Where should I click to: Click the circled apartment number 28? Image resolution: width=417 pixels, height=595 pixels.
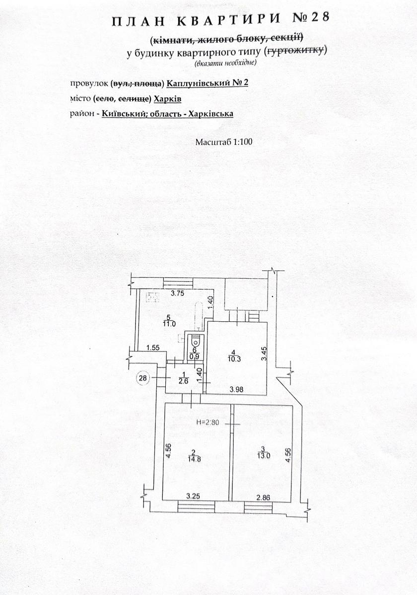(143, 378)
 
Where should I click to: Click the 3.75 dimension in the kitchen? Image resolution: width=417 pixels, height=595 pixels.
(177, 294)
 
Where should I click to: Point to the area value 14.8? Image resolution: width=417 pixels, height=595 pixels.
(195, 459)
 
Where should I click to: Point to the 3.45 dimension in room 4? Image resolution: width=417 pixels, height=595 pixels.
(264, 354)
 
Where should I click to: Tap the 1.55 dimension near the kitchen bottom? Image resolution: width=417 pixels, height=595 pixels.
(153, 348)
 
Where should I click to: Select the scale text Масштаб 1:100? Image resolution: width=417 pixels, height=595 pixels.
(224, 142)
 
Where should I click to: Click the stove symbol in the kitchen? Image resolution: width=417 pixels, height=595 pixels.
(153, 297)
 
